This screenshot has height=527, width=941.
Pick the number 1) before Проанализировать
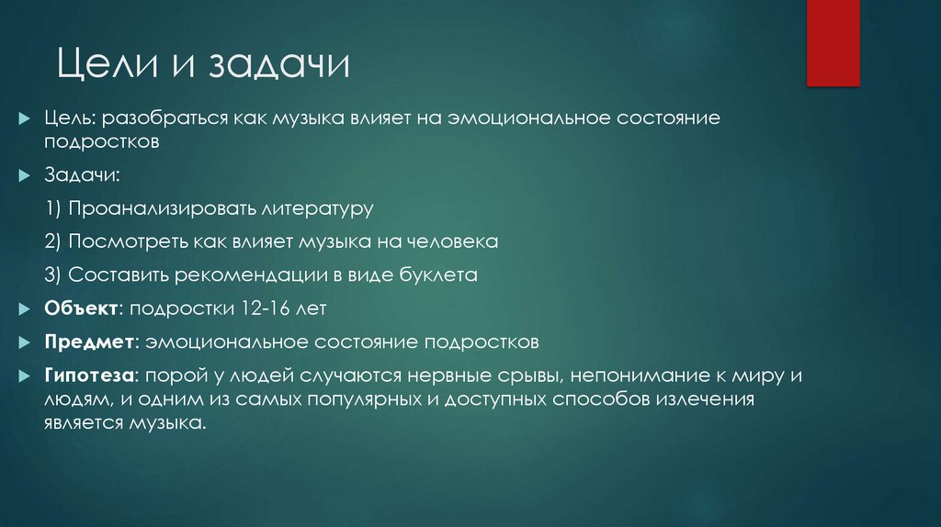(53, 208)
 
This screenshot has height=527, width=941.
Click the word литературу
(316, 208)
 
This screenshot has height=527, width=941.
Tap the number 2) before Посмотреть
(53, 242)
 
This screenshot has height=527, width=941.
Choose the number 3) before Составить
(53, 275)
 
